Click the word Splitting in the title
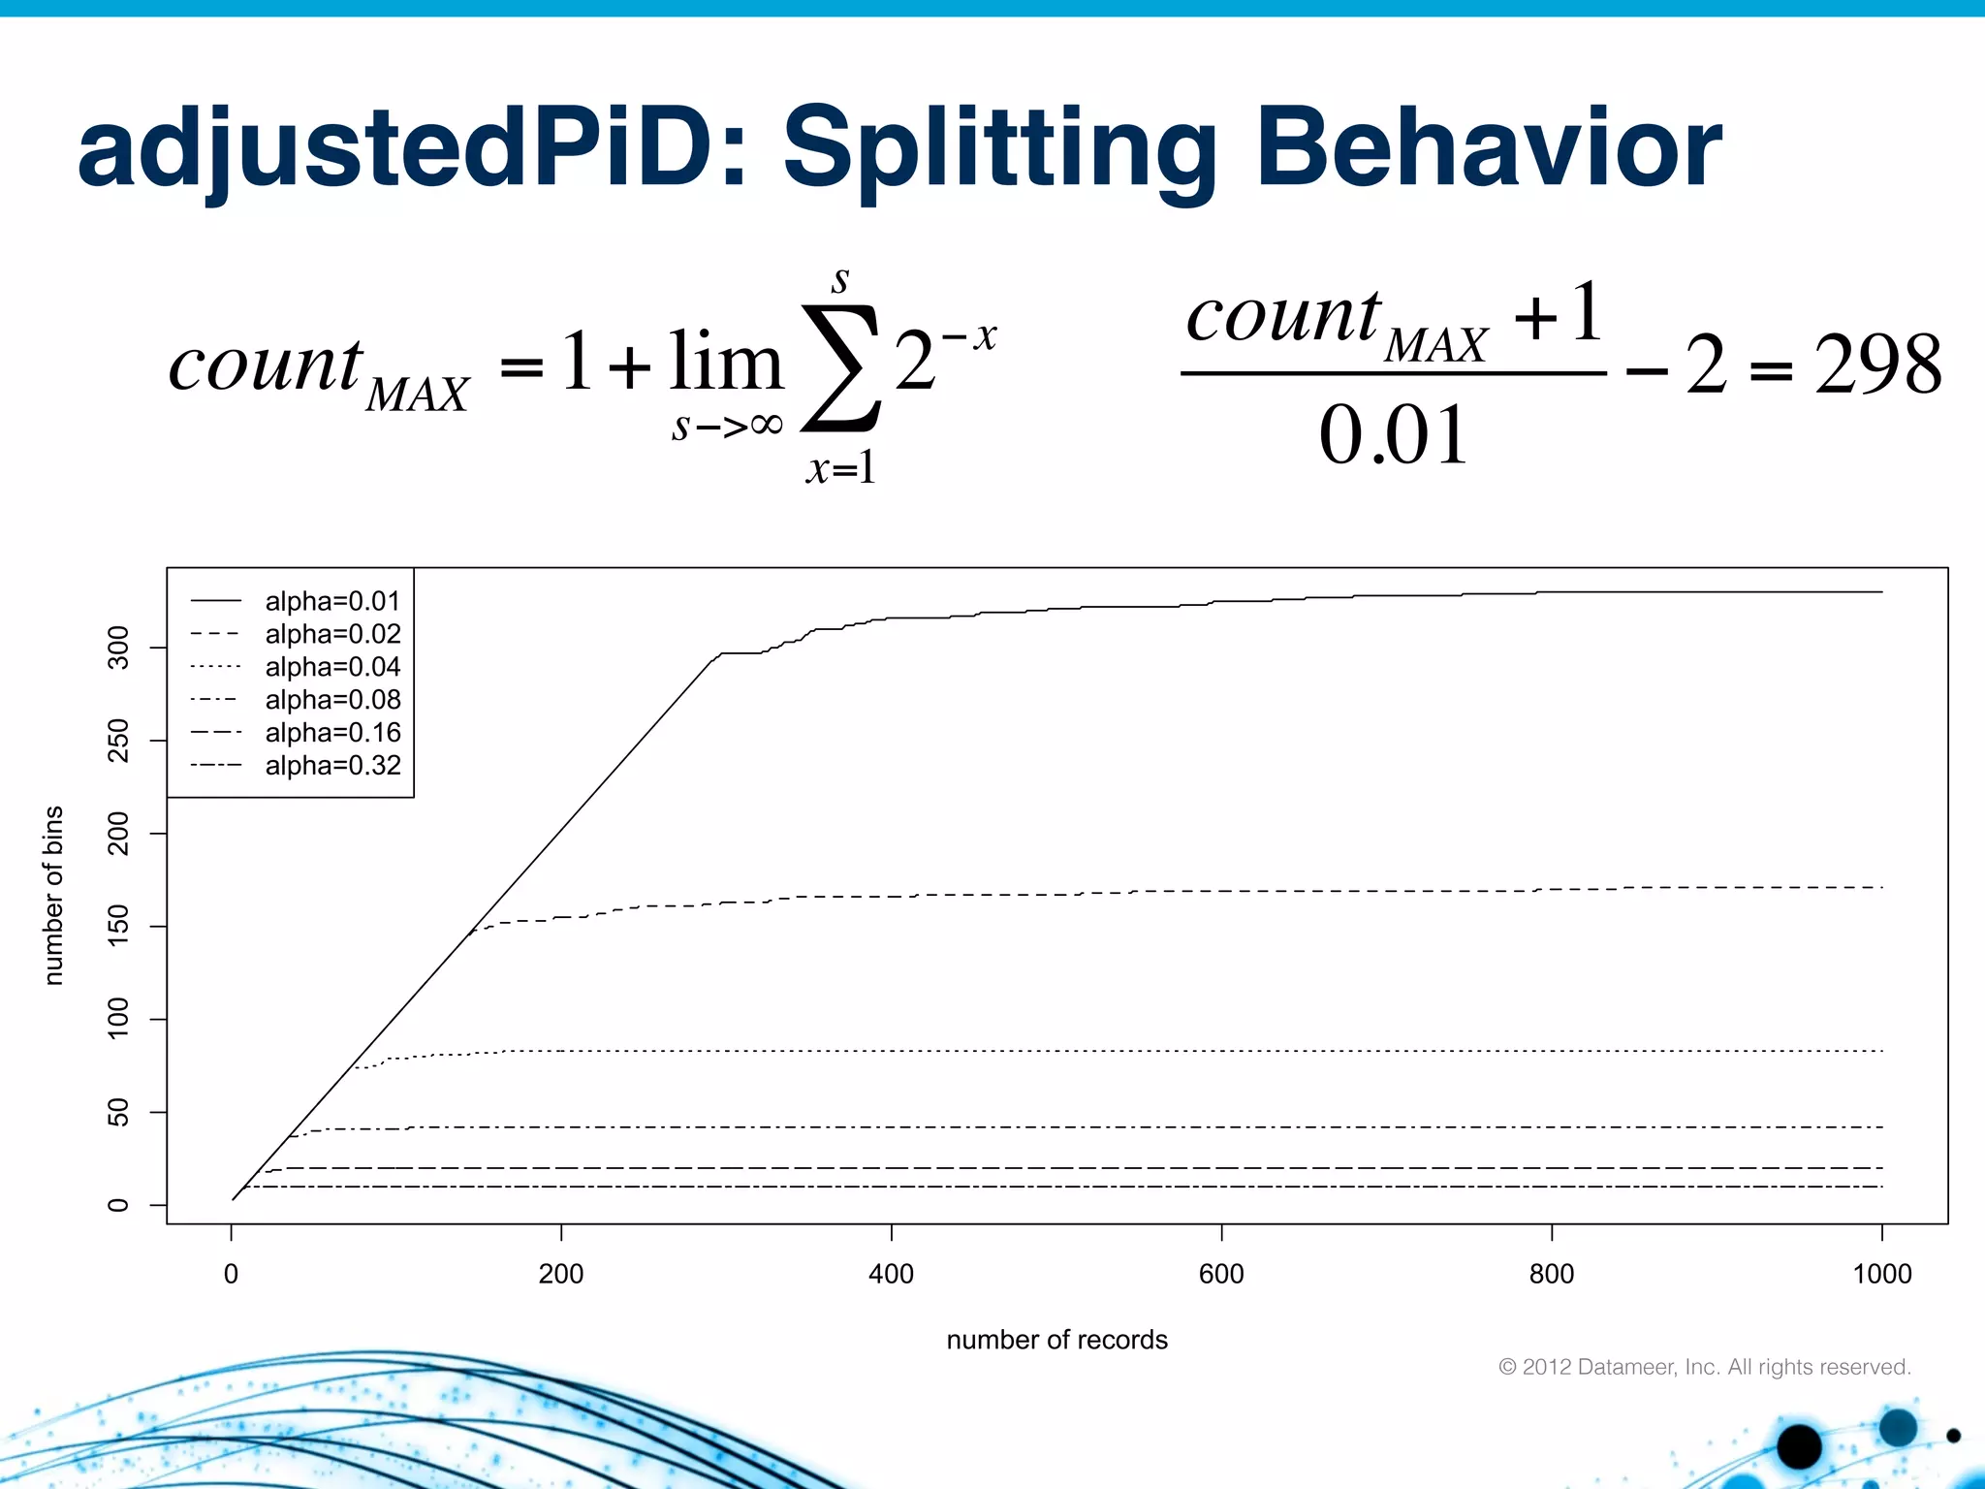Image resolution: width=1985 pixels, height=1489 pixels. coord(998,150)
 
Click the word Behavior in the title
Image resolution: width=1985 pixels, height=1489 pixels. coord(1489,150)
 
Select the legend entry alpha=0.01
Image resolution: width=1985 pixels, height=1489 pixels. coord(332,602)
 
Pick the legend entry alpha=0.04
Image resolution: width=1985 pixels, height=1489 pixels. coord(332,667)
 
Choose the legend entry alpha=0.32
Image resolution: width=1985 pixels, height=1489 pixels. coord(332,766)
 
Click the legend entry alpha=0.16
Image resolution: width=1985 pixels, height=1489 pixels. coord(332,733)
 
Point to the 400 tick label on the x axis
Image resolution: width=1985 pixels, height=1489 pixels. coord(891,1274)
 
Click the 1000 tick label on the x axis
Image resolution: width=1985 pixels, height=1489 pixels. coord(1881,1274)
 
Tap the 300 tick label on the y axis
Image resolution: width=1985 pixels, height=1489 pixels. coord(118,647)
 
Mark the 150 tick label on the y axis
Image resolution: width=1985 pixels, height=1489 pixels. coord(118,926)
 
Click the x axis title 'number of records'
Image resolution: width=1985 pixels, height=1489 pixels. coord(1056,1340)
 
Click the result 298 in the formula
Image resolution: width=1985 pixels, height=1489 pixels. coord(1877,365)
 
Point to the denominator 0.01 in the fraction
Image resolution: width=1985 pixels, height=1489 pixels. coord(1393,435)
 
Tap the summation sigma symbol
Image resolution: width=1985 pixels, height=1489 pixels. coord(840,368)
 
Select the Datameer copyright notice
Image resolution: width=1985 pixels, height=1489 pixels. coord(1704,1367)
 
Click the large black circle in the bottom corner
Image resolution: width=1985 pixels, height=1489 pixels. coord(1799,1446)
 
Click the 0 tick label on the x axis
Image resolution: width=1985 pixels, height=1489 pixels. coord(231,1274)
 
